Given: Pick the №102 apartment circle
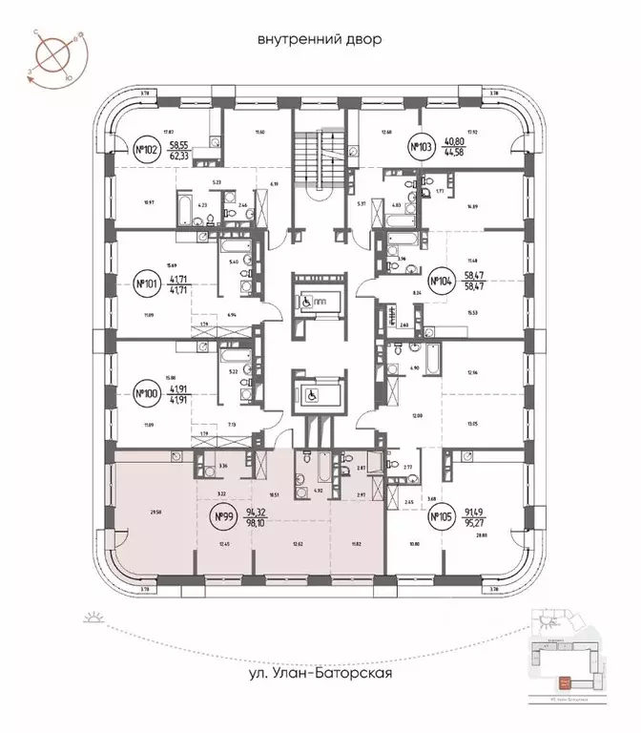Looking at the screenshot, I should pyautogui.click(x=146, y=150).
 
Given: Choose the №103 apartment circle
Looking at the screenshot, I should pyautogui.click(x=420, y=147).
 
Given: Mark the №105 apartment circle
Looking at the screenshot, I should pyautogui.click(x=440, y=520).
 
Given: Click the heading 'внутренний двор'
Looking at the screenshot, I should pyautogui.click(x=319, y=40).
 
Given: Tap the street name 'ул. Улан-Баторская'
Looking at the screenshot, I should pyautogui.click(x=319, y=674).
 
